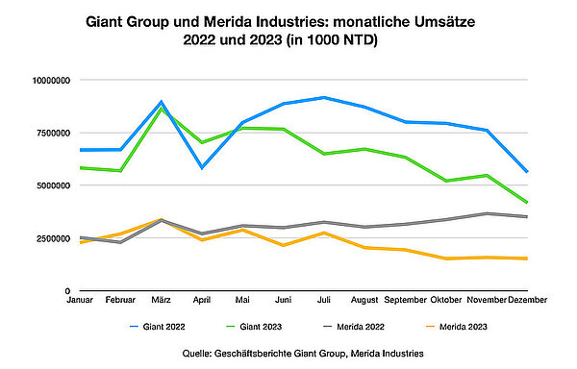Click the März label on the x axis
[x=162, y=300]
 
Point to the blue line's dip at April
[x=200, y=167]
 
